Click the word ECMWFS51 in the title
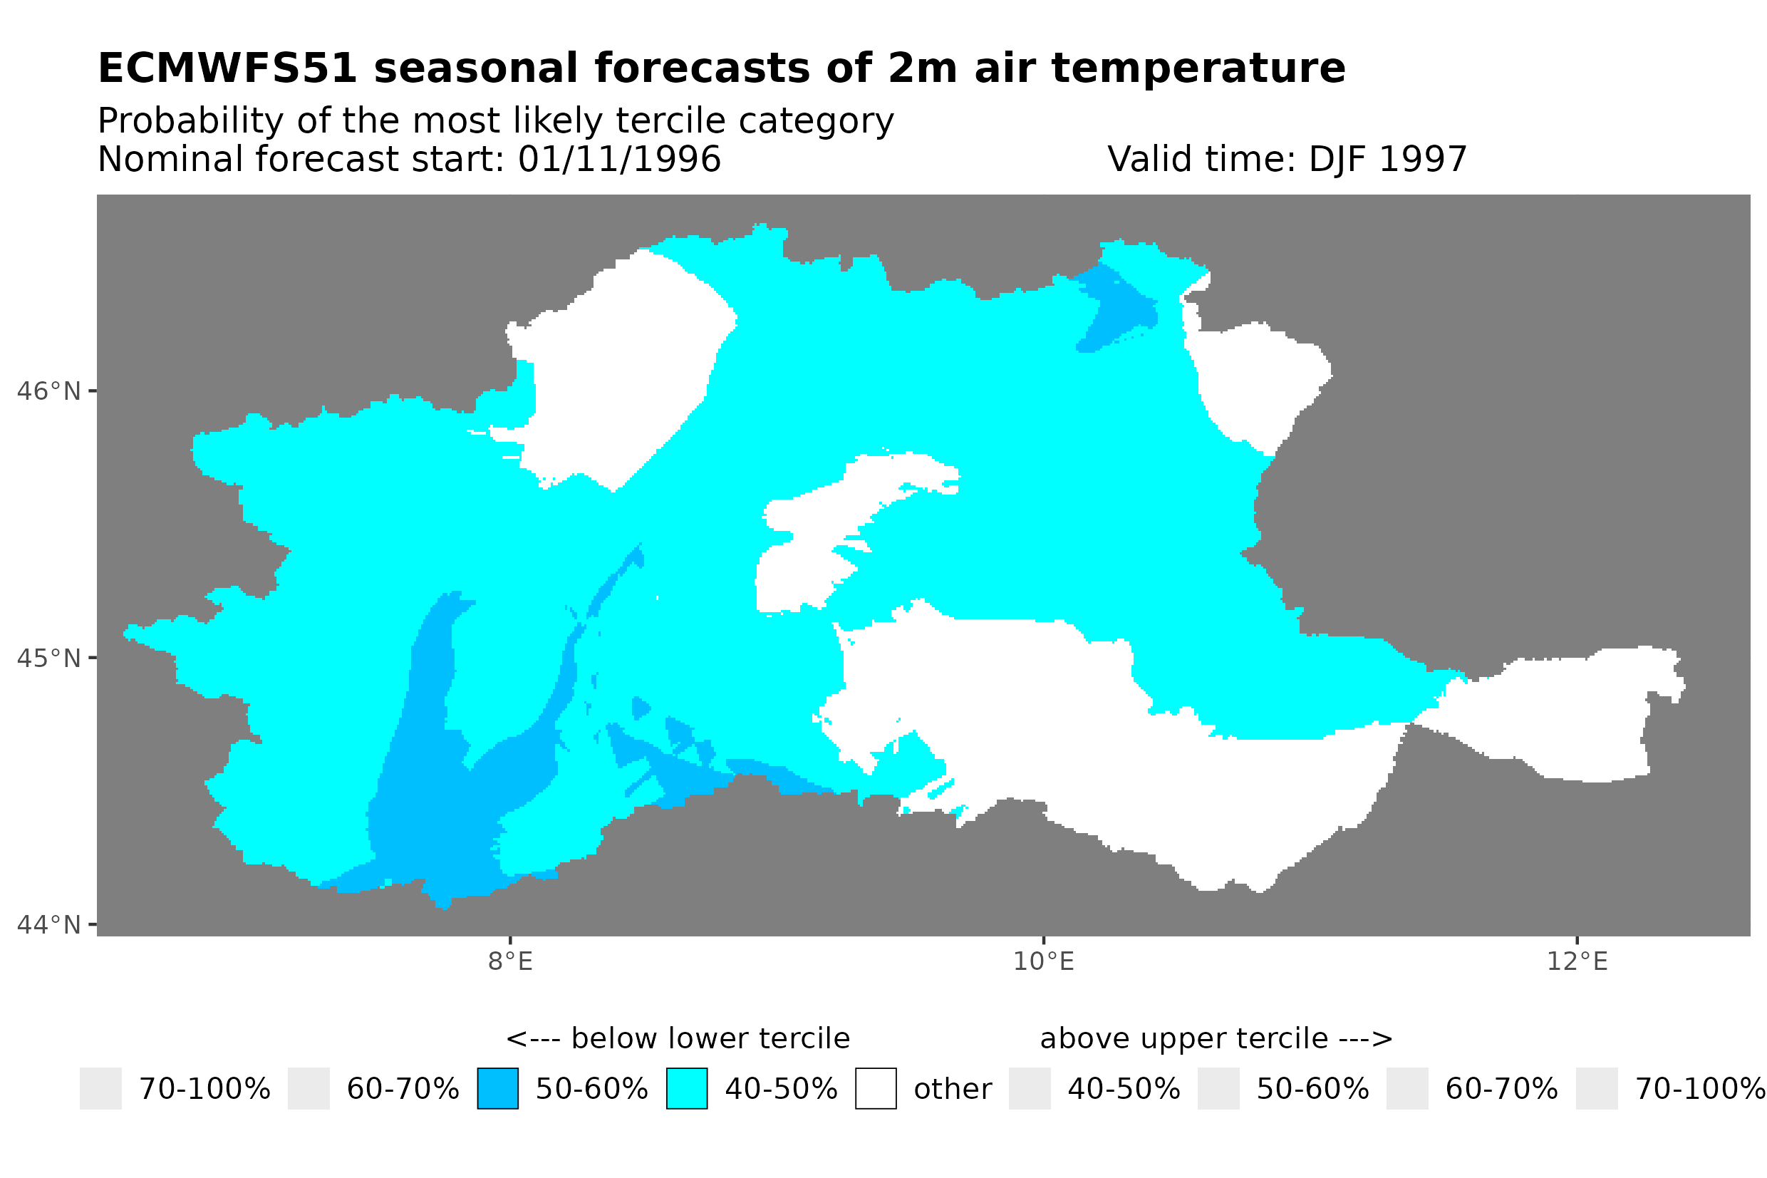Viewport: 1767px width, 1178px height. click(227, 68)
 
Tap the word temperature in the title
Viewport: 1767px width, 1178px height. click(1197, 68)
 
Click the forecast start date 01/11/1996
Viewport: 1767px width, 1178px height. click(618, 159)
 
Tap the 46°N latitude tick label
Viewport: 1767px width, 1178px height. click(48, 391)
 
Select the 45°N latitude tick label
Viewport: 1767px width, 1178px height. click(48, 658)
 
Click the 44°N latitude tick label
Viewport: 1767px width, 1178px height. click(48, 925)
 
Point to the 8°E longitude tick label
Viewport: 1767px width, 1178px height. click(510, 961)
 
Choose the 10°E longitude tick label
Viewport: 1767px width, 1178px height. click(1043, 961)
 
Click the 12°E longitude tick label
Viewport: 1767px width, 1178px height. click(1577, 961)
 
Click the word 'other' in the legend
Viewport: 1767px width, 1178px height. click(952, 1089)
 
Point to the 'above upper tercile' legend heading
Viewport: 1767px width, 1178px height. click(1216, 1038)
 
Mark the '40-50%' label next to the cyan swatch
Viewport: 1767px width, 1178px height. click(780, 1089)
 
